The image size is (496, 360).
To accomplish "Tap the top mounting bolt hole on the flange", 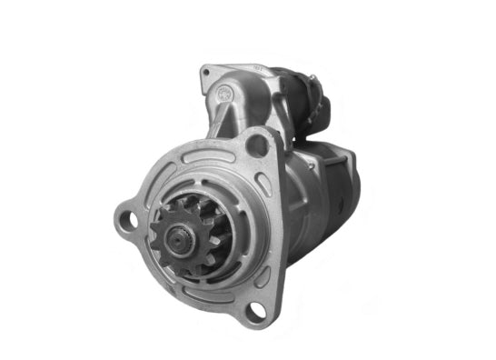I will (x=260, y=144).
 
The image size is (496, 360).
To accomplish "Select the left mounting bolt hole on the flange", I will (x=131, y=219).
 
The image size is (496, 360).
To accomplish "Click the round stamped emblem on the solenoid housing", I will (x=224, y=92).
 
